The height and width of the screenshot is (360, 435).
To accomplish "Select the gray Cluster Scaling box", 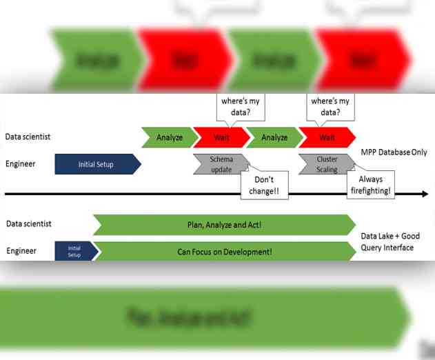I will (x=326, y=165).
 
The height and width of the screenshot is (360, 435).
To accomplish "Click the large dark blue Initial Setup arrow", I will (x=96, y=164).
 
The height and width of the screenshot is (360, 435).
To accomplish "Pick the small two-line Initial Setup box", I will (x=74, y=250).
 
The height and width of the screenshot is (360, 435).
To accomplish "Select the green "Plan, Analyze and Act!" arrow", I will (x=224, y=225).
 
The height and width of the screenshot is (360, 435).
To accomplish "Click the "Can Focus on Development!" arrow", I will (x=224, y=252).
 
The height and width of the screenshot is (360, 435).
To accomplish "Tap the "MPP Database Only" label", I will (x=394, y=152).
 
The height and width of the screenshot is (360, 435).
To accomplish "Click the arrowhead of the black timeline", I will (x=424, y=194).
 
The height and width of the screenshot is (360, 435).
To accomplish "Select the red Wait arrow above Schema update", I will (x=221, y=137).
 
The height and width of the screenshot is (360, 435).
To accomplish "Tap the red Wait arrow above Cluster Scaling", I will (x=327, y=137).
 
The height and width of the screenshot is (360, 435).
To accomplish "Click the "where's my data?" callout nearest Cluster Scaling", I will (x=330, y=107).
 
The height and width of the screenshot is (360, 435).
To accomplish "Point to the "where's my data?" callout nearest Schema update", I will (x=241, y=107).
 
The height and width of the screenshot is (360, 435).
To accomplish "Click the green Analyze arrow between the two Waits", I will (x=274, y=137).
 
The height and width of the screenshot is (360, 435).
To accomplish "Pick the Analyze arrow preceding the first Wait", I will (x=169, y=137).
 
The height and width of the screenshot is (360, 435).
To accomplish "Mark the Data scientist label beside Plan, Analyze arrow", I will (x=28, y=223).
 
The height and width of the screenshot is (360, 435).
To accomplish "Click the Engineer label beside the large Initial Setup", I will (x=21, y=164).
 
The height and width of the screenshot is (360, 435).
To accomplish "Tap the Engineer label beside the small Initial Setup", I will (x=21, y=251).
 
